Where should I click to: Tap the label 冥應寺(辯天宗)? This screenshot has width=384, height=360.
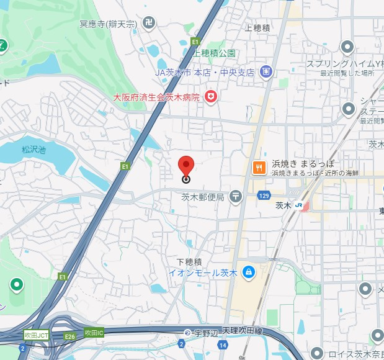point(107,24)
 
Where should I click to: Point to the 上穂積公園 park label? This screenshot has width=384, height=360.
point(214,53)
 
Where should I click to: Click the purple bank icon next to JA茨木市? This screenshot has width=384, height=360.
point(266,72)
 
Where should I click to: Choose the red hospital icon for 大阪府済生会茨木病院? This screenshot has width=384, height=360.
point(212,96)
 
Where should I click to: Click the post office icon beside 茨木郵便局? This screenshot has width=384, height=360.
point(236,197)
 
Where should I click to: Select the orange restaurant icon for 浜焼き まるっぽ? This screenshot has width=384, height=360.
point(259,167)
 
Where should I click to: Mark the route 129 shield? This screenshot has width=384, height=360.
point(264,196)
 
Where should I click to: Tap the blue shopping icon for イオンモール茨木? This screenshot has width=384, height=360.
point(248,272)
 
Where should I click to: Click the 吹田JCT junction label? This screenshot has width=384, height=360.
point(36,335)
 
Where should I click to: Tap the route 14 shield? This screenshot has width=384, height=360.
point(222,343)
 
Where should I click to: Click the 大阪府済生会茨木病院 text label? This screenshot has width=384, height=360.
point(156,97)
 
